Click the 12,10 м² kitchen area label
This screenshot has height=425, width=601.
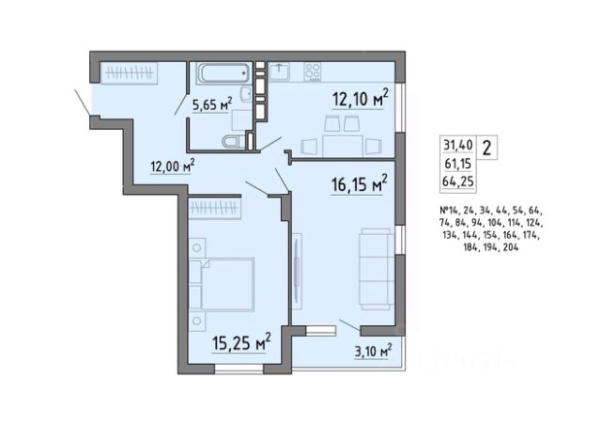tap(360, 99)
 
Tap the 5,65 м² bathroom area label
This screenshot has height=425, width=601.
tap(212, 104)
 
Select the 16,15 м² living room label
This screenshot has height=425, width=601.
tap(359, 184)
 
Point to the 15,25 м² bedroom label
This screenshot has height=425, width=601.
tap(241, 342)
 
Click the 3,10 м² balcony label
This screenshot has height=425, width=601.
tap(373, 352)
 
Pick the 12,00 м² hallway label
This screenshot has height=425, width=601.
tap(173, 166)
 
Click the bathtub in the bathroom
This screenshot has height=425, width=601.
tap(225, 73)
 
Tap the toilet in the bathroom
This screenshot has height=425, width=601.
tap(233, 142)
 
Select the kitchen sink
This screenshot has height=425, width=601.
tap(279, 71)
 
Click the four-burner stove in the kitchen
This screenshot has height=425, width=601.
tap(313, 71)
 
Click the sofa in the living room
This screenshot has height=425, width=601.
tap(377, 269)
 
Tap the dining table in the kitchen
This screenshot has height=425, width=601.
tap(342, 146)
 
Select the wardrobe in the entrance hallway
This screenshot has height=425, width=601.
tap(129, 72)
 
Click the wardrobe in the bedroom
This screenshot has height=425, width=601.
tap(215, 209)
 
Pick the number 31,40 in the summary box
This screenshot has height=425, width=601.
tap(458, 145)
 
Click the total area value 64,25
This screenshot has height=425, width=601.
tap(458, 181)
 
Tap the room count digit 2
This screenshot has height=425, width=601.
tap(486, 148)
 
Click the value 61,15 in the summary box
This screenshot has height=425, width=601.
tap(458, 164)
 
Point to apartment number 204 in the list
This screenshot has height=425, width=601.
tap(511, 247)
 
